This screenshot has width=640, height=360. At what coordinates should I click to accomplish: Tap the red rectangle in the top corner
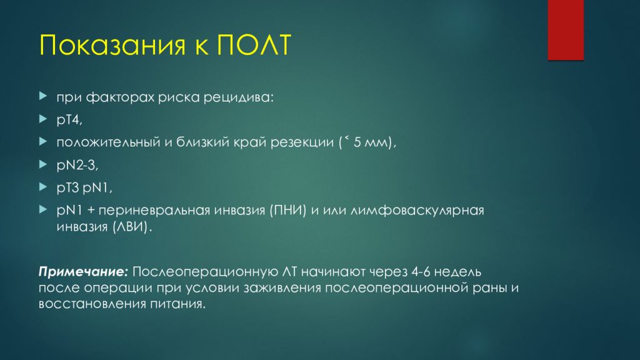coord(565,29)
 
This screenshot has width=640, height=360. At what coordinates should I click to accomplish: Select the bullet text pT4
coord(69,119)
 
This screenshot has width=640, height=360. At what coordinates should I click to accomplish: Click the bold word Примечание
coord(83,272)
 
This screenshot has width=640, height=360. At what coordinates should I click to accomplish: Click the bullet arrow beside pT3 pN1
coord(42,187)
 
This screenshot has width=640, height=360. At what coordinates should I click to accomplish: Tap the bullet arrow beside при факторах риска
coord(42,97)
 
